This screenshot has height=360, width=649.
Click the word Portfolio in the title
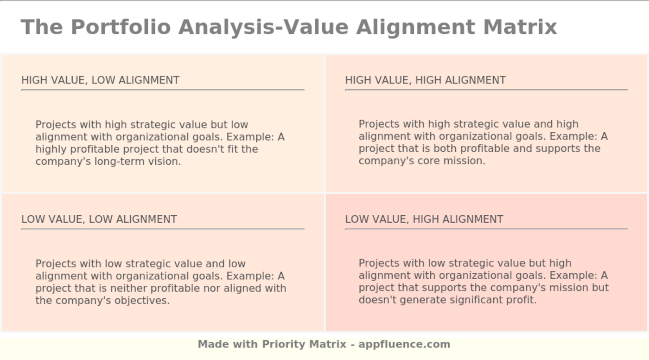click(x=121, y=27)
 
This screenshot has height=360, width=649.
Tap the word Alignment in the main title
click(x=415, y=27)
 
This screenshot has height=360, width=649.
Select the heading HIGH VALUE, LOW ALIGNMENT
click(x=100, y=80)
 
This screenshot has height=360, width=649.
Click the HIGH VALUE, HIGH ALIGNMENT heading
click(x=425, y=80)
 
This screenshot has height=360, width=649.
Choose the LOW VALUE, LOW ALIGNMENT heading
click(x=99, y=219)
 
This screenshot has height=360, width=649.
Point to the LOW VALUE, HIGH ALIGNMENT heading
click(x=424, y=219)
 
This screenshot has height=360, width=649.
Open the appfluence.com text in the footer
click(x=404, y=344)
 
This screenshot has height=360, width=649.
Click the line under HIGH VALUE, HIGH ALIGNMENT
click(x=486, y=90)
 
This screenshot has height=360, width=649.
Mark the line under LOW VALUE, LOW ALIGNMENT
click(x=163, y=229)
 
